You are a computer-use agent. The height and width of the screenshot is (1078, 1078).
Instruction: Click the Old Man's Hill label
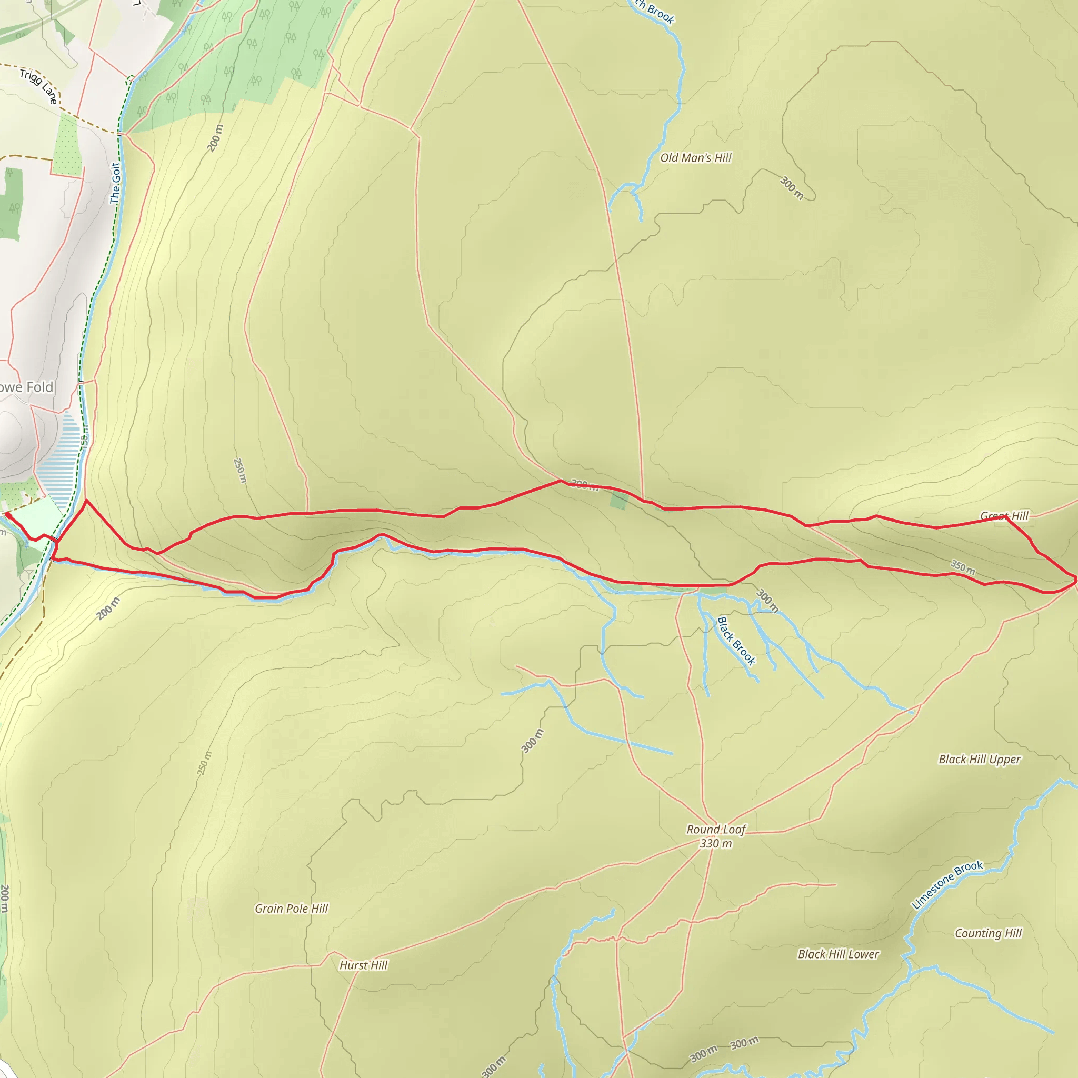pyautogui.click(x=695, y=158)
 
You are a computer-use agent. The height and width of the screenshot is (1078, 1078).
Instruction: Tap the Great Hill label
pyautogui.click(x=1004, y=515)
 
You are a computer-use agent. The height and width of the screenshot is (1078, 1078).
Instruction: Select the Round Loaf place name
pyautogui.click(x=716, y=830)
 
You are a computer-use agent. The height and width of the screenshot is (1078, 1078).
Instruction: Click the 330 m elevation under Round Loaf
pyautogui.click(x=715, y=844)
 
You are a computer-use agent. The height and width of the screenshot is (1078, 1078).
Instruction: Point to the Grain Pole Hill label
pyautogui.click(x=291, y=909)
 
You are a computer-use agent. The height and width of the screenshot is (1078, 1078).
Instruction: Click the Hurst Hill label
pyautogui.click(x=363, y=965)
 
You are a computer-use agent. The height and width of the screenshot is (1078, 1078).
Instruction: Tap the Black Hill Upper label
pyautogui.click(x=979, y=760)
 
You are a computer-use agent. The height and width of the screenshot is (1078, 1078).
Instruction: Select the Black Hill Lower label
pyautogui.click(x=838, y=955)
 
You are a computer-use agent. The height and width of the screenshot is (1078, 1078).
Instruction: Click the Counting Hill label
pyautogui.click(x=988, y=933)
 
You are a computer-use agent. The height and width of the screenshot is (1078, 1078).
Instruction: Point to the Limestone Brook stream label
pyautogui.click(x=947, y=885)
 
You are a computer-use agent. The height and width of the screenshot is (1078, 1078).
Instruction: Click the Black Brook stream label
pyautogui.click(x=736, y=641)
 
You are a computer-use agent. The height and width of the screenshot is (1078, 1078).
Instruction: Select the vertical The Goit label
pyautogui.click(x=115, y=184)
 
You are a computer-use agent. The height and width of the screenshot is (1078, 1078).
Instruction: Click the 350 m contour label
pyautogui.click(x=963, y=567)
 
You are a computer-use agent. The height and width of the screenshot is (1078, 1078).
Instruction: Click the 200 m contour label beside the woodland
pyautogui.click(x=215, y=138)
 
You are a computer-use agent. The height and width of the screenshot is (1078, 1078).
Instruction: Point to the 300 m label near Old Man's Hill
pyautogui.click(x=791, y=188)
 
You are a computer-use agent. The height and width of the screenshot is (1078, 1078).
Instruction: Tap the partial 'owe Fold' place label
pyautogui.click(x=26, y=387)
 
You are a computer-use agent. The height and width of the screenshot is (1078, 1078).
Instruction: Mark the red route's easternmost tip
pyautogui.click(x=1075, y=582)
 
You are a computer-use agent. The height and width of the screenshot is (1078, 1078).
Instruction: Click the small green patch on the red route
pyautogui.click(x=618, y=500)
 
